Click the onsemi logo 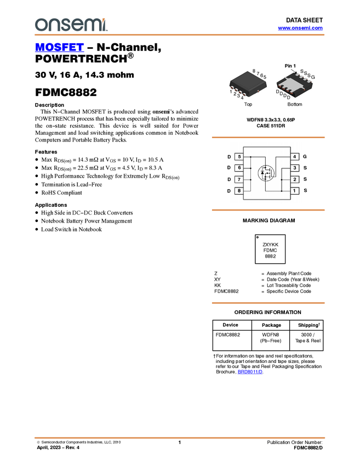pos(71,25)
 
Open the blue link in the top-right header pos(300,28)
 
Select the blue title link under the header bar pos(59,47)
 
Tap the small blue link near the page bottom pos(250,372)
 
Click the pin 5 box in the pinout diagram pos(239,157)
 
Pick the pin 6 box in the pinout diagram pos(239,168)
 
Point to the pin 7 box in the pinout pos(239,179)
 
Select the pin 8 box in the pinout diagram pos(239,191)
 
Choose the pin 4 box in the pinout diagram pos(295,157)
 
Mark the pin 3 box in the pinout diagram pos(295,168)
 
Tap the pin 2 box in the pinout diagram pos(295,179)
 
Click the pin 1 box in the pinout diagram pos(295,191)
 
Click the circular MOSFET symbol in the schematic pos(266,173)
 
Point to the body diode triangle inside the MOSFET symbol pos(262,174)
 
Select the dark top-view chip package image pos(248,84)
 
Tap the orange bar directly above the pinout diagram pos(268,138)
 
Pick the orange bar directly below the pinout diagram pos(268,210)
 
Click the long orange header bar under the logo pos(180,35)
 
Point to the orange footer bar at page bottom pos(180,437)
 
